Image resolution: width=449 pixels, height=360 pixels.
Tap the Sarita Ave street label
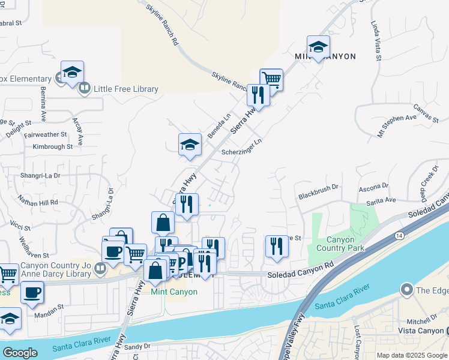381,200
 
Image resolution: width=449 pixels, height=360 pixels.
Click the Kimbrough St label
53,146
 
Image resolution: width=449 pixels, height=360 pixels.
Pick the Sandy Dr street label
137,346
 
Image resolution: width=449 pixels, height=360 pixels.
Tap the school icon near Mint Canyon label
318,47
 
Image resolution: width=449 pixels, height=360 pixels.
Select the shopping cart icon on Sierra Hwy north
271,79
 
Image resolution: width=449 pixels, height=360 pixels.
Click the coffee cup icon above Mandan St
32,293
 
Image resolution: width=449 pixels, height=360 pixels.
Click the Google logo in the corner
20,353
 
